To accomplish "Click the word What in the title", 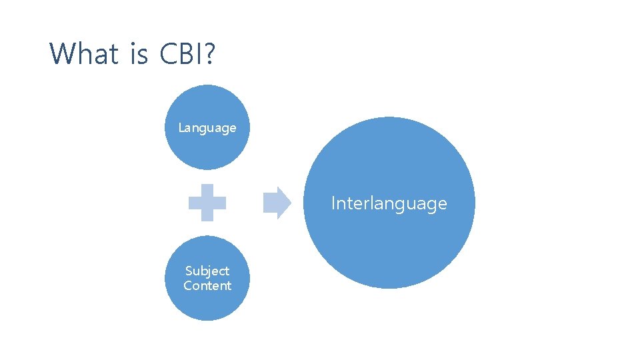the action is point(84,53).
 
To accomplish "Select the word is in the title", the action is point(139,53).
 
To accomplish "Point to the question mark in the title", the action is point(209,53).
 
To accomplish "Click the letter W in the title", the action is point(61,53).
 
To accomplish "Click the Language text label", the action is point(207,127).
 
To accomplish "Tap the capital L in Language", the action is point(181,127).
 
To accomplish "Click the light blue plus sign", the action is point(207,202).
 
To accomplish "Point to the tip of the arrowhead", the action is point(291,202).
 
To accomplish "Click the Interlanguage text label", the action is point(389,203).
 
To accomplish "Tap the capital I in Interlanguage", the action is point(333,203).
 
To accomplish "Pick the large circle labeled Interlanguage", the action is point(389,247).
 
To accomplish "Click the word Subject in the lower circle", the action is point(207,271).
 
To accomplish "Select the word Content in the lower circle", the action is point(207,285).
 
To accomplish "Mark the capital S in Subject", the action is point(189,271).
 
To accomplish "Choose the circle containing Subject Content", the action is point(207,303).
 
